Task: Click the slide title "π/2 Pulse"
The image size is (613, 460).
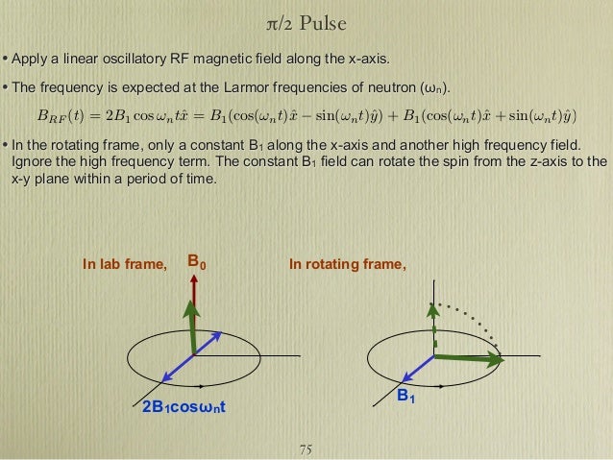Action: point(306,21)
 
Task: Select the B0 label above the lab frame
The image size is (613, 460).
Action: point(196,260)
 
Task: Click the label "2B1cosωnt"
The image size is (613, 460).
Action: point(184,409)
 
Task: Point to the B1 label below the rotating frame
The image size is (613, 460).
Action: point(407,395)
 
